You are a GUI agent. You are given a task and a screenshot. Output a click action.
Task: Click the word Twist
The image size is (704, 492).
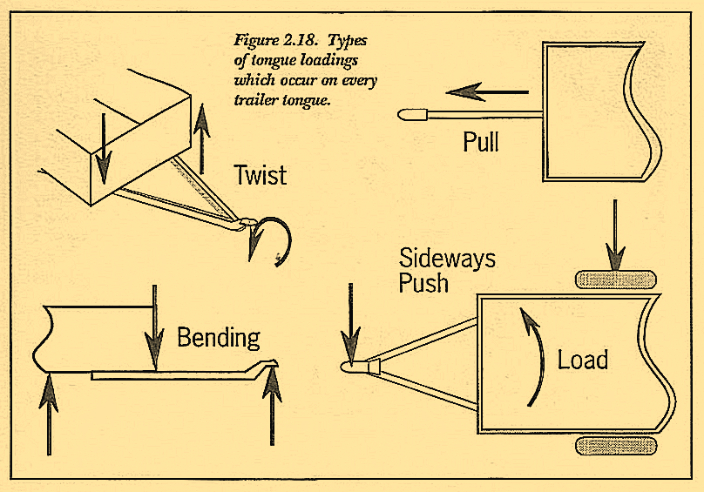[260, 175]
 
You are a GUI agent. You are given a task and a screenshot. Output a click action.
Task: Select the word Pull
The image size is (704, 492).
[481, 141]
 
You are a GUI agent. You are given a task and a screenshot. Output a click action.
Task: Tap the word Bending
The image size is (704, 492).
[219, 336]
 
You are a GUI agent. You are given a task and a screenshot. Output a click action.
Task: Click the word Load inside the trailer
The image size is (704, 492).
[583, 359]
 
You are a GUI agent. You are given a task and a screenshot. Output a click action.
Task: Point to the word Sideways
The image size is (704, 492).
[447, 258]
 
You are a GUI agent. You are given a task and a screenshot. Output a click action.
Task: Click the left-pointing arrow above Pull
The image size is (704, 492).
[485, 91]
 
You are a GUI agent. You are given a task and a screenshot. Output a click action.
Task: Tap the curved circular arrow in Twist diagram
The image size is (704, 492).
[270, 239]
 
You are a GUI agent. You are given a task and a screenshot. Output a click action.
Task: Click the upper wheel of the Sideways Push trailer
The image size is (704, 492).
[615, 280]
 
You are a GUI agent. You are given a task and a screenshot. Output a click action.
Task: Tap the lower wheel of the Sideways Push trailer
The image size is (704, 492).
[615, 445]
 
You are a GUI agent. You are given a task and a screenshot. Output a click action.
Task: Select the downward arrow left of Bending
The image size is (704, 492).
[154, 327]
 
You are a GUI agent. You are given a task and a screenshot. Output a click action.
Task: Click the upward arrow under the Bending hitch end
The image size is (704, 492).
[274, 408]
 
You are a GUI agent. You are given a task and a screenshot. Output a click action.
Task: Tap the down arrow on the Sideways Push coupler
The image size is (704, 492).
[350, 322]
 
